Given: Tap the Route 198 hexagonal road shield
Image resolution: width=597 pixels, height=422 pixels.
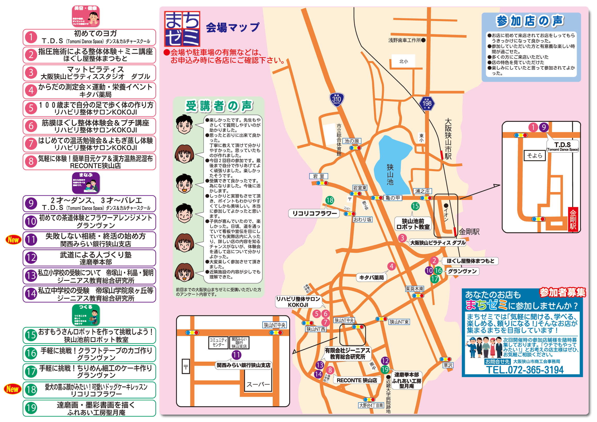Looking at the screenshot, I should [427, 103].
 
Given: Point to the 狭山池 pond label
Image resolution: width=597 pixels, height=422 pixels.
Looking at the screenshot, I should [390, 174].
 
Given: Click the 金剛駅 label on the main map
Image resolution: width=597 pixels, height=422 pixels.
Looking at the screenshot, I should [469, 232].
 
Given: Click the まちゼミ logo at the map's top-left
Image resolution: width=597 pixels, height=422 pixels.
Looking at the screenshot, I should [182, 29].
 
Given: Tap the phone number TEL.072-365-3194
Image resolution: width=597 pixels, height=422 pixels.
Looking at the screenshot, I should [525, 370].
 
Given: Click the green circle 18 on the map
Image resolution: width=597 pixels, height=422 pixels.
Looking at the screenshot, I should [330, 200].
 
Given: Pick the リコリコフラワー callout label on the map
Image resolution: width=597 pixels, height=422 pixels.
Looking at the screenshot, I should [314, 213].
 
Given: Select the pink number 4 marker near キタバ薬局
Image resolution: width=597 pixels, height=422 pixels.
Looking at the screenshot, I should [391, 266].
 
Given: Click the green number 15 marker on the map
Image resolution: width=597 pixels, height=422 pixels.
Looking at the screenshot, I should [415, 206].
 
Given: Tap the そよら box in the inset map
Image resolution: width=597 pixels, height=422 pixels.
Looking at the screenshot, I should [534, 156].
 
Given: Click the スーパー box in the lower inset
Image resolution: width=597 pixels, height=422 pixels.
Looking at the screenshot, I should [258, 384].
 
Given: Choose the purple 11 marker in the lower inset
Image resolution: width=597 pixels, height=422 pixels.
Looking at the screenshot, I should [236, 355].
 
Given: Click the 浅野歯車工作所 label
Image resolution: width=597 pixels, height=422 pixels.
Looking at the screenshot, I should [404, 40].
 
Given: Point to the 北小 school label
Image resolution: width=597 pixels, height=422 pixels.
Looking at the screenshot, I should [404, 61].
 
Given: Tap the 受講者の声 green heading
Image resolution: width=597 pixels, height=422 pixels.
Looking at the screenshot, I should [219, 106].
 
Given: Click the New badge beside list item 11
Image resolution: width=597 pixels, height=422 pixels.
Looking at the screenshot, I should [13, 240].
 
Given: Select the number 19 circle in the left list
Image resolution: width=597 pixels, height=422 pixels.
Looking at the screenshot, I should [31, 408].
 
